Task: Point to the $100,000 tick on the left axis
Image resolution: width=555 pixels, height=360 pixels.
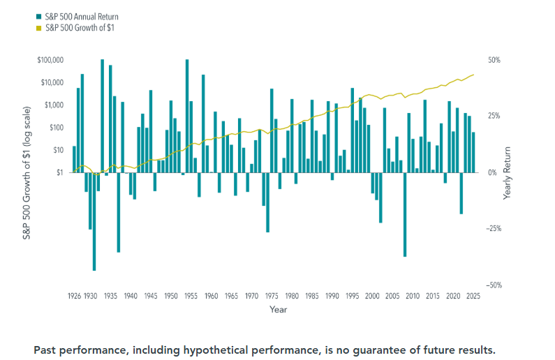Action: (x=51, y=61)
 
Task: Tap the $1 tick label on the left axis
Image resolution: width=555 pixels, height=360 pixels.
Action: (x=60, y=172)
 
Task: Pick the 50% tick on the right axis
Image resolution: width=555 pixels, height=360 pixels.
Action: (x=494, y=61)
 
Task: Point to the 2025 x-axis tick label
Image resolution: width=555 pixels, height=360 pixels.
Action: (x=473, y=297)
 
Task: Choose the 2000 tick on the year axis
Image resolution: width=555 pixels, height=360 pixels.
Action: (x=372, y=297)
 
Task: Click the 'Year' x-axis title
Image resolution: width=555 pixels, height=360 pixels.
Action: (x=278, y=309)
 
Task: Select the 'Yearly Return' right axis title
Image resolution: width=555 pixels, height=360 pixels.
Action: (x=508, y=172)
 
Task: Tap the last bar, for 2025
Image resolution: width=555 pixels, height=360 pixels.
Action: (x=473, y=152)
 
